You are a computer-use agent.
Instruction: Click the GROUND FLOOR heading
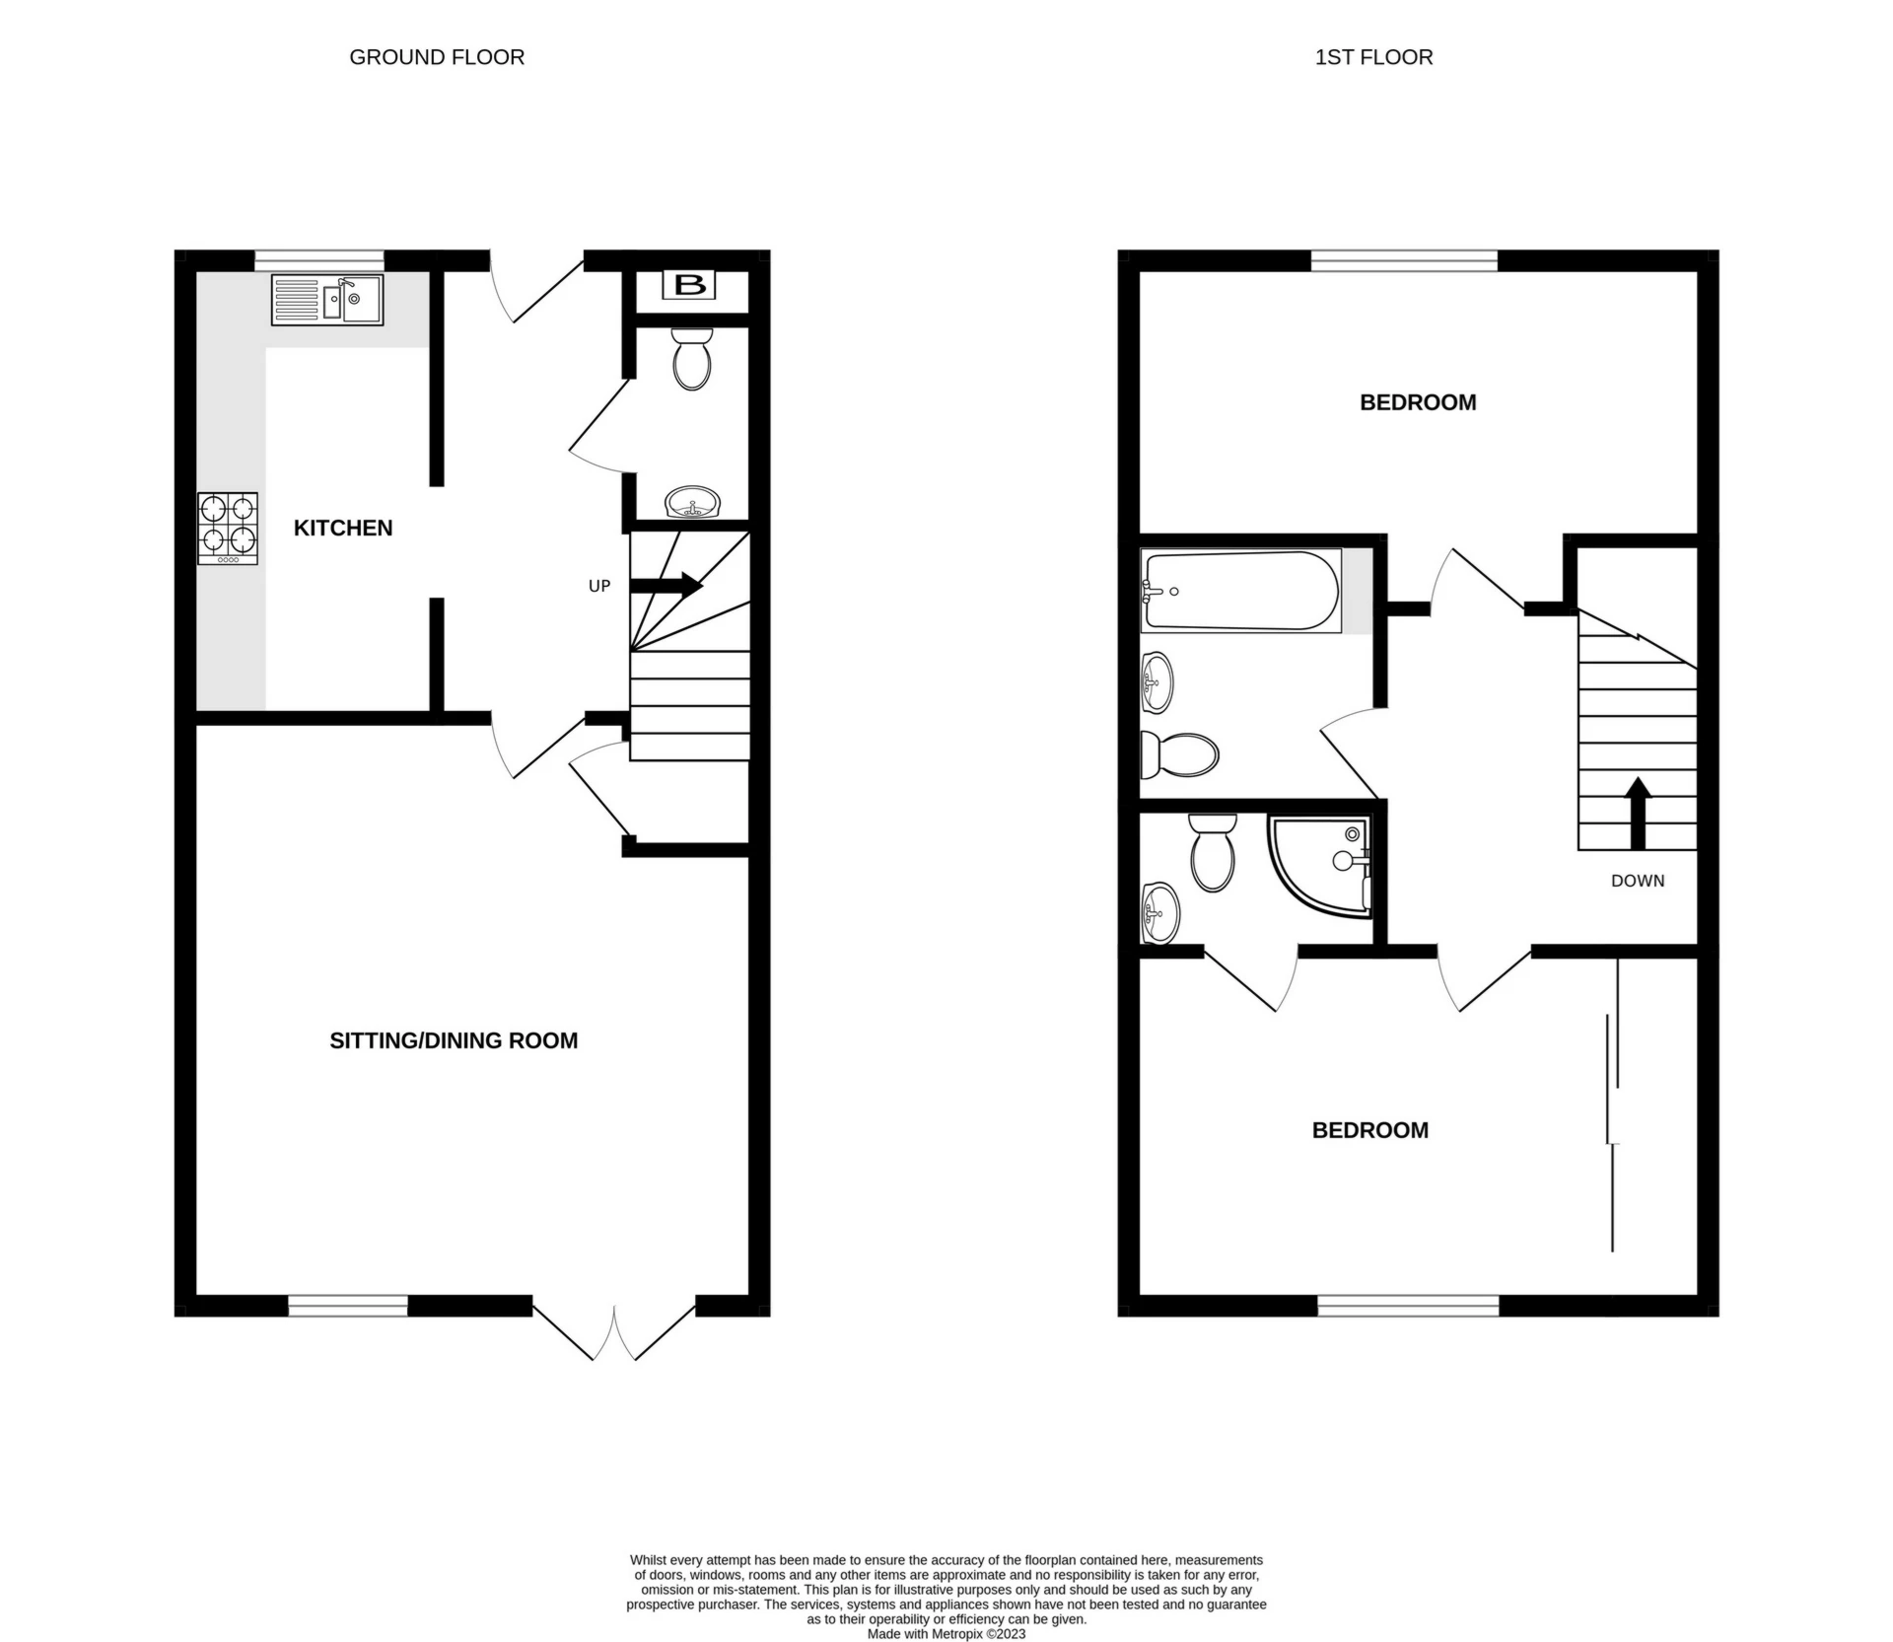pos(437,57)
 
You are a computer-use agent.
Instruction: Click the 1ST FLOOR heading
pos(1373,57)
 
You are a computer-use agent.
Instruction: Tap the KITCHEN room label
pos(343,529)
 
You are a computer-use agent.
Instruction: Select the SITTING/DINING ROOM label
pos(454,1040)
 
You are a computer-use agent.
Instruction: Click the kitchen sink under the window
pos(327,300)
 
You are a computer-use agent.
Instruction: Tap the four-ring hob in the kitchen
pos(228,528)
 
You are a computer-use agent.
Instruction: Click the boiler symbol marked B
pos(689,286)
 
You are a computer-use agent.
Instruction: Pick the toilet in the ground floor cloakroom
pos(691,359)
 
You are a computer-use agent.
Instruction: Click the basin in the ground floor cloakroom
pos(694,504)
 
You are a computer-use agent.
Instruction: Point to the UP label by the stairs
pos(599,586)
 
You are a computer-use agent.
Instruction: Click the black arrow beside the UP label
pos(666,586)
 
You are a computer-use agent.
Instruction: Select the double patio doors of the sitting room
pos(613,1333)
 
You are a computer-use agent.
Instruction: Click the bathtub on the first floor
pos(1240,591)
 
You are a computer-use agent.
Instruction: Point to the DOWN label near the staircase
pos(1637,881)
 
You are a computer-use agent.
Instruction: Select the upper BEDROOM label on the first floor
pos(1418,402)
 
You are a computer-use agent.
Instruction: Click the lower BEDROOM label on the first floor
pos(1369,1130)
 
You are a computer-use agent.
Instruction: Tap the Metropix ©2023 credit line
pos(946,1634)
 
